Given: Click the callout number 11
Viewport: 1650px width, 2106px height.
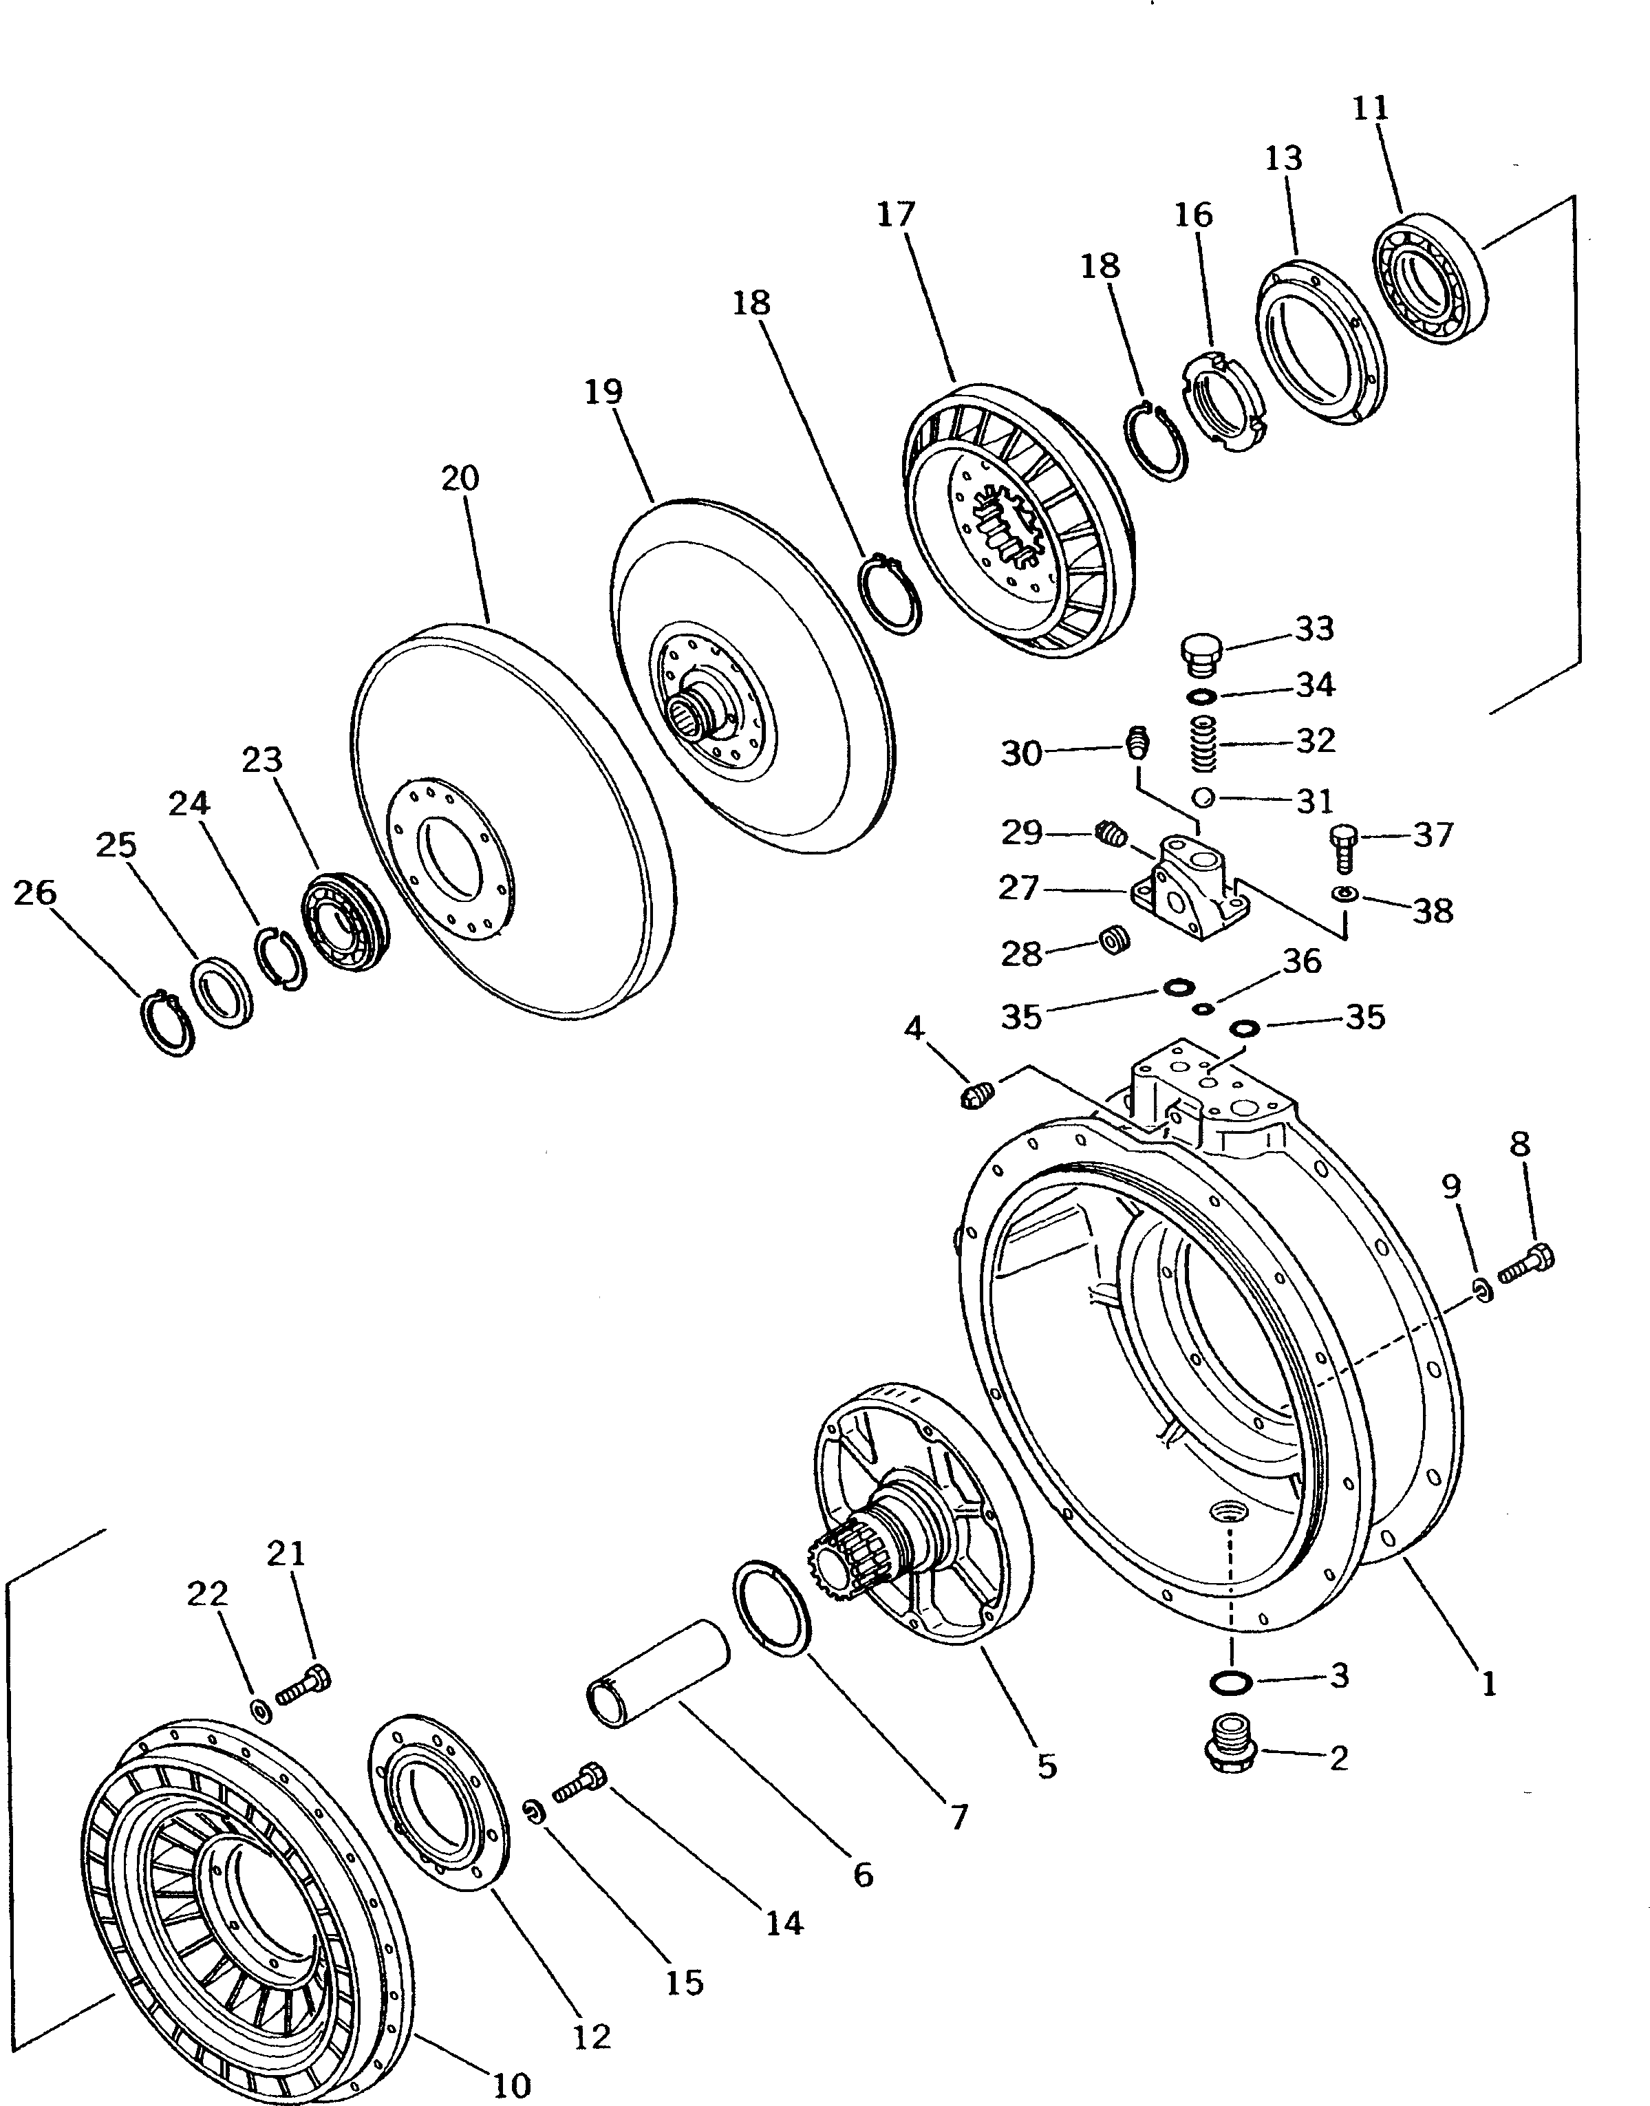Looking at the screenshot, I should point(1370,108).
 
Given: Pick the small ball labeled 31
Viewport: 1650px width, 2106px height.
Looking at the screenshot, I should point(1202,798).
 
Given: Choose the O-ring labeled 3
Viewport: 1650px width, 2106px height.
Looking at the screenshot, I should point(1231,1682).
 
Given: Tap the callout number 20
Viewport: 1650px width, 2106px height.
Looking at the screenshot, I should point(460,478).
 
